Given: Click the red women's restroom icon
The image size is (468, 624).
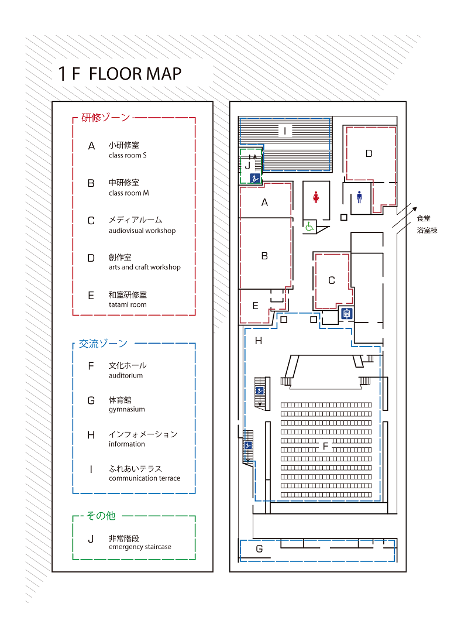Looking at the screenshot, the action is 316,197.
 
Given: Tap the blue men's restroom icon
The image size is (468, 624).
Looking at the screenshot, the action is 359,197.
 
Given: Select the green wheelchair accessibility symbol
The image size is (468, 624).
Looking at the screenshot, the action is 309,227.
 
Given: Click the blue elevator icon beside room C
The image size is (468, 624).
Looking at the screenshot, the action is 347,314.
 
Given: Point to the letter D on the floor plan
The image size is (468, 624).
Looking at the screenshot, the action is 369,153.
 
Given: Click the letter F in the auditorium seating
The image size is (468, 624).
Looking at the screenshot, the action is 325,446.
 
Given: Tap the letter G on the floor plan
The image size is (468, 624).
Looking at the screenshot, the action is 259,549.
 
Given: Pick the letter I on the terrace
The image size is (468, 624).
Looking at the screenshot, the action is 285,131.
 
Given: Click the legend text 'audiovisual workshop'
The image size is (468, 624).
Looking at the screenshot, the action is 142,231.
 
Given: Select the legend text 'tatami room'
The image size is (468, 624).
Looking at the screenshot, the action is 128,304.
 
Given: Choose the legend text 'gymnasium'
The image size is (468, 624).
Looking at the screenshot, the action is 127,410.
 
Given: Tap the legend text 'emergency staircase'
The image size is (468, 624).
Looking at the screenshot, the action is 140,547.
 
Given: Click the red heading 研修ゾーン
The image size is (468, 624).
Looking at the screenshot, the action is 106,118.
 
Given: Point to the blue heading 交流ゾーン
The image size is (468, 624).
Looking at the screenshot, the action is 103,344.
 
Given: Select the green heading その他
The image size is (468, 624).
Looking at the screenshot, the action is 101,516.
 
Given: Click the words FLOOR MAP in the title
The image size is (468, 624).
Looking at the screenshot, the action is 135,74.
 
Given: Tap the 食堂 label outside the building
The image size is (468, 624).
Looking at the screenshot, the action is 424,218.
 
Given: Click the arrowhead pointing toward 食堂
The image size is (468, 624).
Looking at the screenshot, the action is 414,209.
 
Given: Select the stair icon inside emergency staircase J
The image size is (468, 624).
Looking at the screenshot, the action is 255,179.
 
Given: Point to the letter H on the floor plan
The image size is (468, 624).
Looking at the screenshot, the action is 259,341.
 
